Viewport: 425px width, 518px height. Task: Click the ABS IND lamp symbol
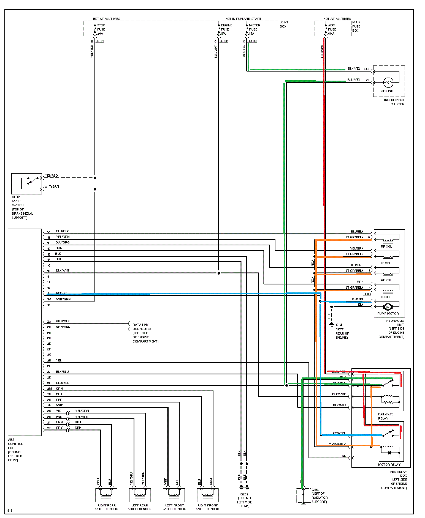pos(388,82)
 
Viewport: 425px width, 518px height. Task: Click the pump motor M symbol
pos(388,307)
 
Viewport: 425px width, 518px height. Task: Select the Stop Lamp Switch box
pos(26,183)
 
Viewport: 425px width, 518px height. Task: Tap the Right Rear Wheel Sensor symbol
pos(106,495)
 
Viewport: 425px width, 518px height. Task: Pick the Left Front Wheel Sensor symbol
pos(174,495)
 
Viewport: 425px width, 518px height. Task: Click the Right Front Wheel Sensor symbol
pos(208,495)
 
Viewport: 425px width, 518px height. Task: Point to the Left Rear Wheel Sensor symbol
pos(140,495)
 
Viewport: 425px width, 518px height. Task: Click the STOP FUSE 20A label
pos(101,29)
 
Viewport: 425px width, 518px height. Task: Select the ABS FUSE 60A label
pos(332,29)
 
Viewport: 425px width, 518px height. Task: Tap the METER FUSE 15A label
pos(254,29)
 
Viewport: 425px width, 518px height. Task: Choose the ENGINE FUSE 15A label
pos(226,29)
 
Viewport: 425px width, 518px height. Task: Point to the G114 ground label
pos(339,325)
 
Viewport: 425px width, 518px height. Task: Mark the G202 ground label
pos(244,494)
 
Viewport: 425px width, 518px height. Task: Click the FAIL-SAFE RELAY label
pos(386,416)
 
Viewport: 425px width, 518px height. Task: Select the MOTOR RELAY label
pos(389,465)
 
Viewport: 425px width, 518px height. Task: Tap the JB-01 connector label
pos(100,41)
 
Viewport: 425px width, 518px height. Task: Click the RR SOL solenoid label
pos(386,246)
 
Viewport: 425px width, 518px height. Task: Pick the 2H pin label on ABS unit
pos(49,360)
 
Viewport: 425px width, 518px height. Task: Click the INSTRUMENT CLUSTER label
pos(394,102)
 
